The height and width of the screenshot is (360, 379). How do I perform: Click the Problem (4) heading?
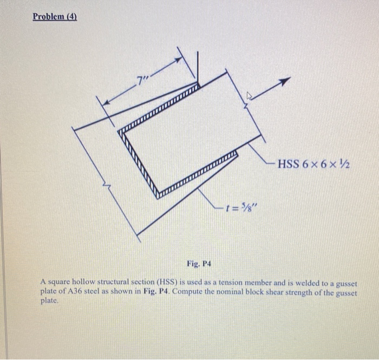pyautogui.click(x=55, y=16)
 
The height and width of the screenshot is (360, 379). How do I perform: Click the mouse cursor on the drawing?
pyautogui.click(x=249, y=96)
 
